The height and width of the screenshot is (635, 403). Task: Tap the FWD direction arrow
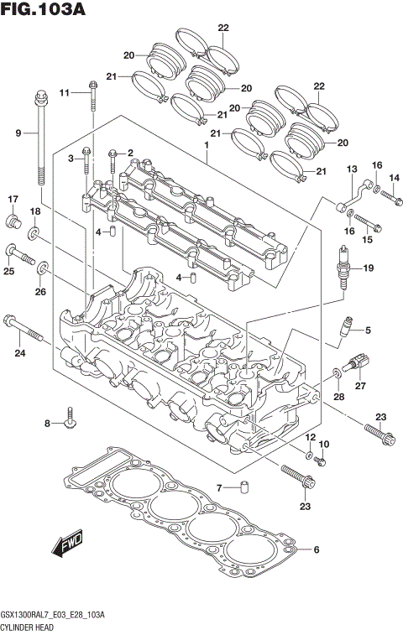point(66,547)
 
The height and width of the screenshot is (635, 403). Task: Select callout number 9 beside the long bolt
point(18,133)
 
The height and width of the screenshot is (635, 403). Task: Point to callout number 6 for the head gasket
point(316,550)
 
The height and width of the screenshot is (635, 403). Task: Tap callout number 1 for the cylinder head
point(204,145)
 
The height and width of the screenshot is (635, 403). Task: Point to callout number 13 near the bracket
point(351,169)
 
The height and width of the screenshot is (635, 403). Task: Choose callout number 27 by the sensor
point(362,386)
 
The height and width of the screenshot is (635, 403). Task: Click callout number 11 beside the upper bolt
point(64,92)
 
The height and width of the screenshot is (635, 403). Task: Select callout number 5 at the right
point(367,331)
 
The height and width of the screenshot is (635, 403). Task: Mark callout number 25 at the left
point(8,271)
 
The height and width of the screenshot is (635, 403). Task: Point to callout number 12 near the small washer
point(309,438)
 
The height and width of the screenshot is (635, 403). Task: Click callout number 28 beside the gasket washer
point(338,396)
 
